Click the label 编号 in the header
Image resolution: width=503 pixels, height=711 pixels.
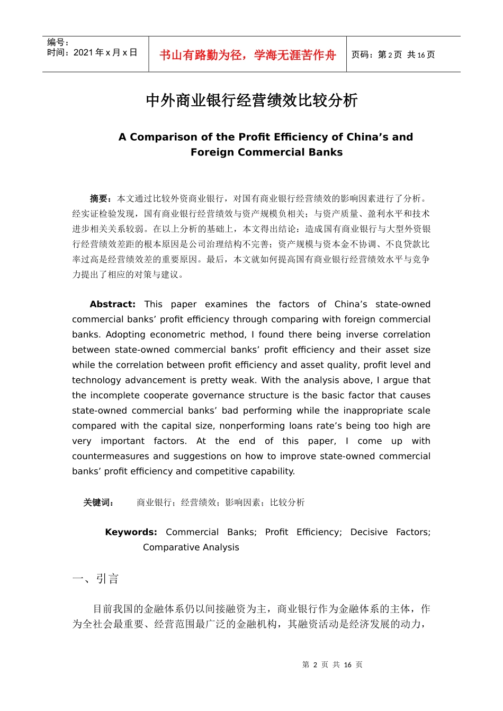click(56, 42)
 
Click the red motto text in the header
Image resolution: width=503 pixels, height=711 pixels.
click(247, 55)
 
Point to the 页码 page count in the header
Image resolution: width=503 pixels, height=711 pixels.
click(393, 54)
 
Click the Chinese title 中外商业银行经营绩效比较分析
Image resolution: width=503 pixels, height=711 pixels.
click(251, 100)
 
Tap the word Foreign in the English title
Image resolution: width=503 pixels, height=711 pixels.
click(213, 152)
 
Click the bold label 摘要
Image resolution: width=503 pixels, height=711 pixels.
click(100, 198)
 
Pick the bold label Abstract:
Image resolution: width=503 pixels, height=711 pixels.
click(112, 304)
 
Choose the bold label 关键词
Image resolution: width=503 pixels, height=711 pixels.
click(98, 503)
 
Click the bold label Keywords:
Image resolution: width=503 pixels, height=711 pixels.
click(131, 532)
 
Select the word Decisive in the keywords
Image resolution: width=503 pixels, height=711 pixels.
click(369, 532)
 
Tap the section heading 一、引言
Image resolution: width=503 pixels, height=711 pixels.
click(95, 579)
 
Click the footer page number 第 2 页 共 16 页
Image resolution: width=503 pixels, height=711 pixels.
click(332, 665)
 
